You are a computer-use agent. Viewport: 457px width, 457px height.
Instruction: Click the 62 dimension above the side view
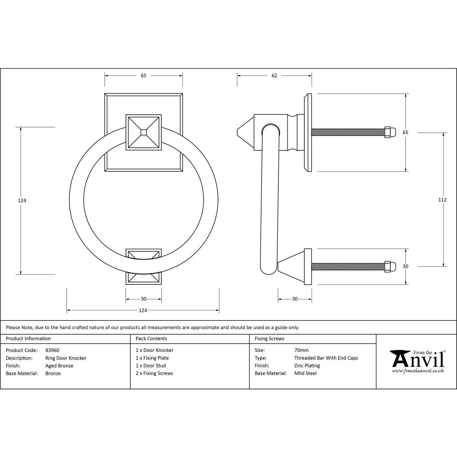coord(274,76)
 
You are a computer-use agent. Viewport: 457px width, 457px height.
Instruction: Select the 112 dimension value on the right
coord(442,200)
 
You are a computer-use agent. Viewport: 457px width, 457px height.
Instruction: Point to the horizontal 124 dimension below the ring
coord(143,311)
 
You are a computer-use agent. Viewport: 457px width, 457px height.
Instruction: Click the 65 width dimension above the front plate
coord(143,76)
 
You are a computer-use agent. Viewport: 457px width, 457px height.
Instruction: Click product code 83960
coord(53,351)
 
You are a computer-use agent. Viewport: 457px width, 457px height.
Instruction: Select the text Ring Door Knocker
coord(66,358)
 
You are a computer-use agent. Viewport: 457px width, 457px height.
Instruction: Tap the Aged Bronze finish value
coord(59,366)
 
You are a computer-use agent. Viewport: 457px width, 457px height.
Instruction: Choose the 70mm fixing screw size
coord(301,351)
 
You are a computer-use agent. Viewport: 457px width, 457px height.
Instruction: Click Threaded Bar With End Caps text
coord(326,358)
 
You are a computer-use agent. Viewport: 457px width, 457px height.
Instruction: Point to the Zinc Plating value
coord(307,366)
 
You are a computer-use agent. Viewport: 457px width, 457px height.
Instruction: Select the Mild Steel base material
coord(305,373)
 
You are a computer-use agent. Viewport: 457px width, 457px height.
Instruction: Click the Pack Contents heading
coord(151,339)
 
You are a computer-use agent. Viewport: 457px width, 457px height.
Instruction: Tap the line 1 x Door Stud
coord(151,366)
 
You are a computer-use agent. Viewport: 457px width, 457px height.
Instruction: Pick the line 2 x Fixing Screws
coord(154,373)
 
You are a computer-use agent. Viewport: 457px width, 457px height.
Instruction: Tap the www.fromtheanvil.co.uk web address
coord(418,371)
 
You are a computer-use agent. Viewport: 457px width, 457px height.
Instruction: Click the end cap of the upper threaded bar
coord(389,132)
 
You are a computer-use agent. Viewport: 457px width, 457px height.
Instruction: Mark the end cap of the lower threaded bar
coord(389,266)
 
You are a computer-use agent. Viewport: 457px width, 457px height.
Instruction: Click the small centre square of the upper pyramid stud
coord(143,132)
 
